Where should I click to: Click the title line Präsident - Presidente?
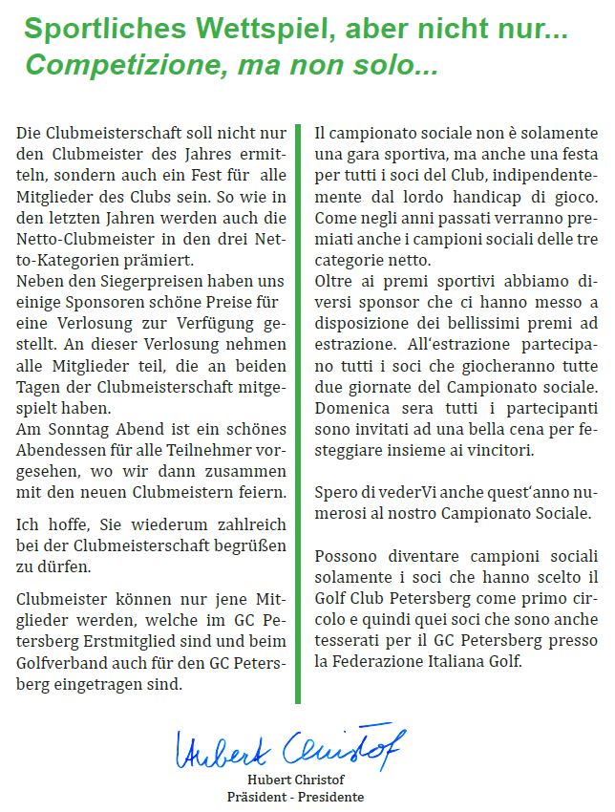tap(295, 797)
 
